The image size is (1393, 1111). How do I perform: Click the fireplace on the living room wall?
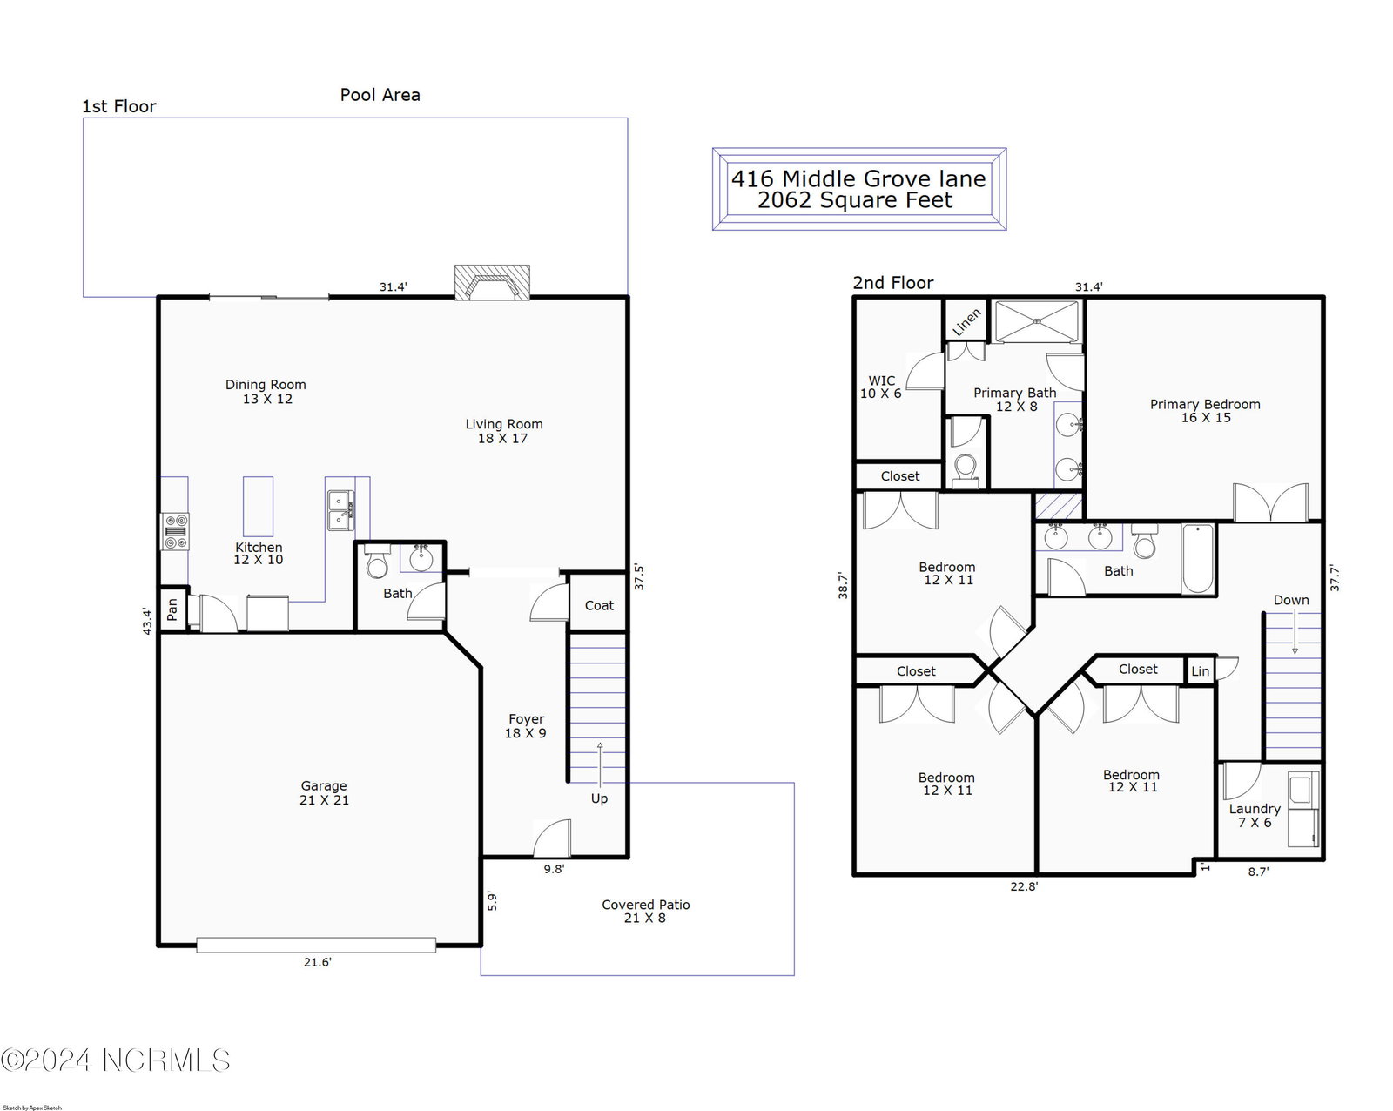[492, 282]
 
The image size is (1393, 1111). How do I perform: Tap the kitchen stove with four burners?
[175, 531]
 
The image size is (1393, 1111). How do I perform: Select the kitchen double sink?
[340, 510]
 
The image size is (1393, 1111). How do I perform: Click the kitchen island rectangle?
[258, 506]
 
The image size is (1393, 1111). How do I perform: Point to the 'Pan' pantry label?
[172, 609]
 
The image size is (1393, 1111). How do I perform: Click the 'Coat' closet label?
[599, 605]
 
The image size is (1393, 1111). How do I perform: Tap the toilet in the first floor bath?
[377, 562]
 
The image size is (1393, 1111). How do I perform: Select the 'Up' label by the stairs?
[599, 798]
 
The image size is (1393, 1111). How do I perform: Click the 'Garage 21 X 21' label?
[324, 792]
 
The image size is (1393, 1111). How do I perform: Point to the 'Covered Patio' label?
[645, 905]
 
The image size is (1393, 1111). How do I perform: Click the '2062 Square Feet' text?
[855, 200]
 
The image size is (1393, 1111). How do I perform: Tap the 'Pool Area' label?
[380, 95]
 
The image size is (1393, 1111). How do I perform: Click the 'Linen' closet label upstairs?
[966, 322]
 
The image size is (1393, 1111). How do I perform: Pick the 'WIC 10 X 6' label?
[880, 387]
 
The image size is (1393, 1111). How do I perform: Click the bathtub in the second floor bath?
[1197, 559]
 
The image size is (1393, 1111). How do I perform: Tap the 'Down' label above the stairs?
[1291, 600]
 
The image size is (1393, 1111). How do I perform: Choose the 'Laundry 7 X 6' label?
[1255, 815]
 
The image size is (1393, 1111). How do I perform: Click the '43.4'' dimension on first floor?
[148, 622]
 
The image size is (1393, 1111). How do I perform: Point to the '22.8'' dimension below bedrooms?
[1024, 886]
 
